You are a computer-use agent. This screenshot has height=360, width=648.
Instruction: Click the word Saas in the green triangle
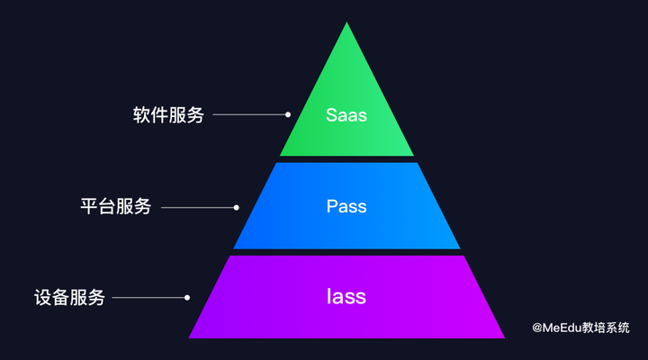346,116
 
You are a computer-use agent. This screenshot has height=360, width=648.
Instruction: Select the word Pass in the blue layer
346,207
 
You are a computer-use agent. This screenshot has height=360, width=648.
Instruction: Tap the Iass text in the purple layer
346,296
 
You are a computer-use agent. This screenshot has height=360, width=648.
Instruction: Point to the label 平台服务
115,207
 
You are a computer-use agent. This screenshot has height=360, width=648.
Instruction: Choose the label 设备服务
69,297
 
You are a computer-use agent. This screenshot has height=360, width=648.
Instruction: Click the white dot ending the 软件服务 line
288,115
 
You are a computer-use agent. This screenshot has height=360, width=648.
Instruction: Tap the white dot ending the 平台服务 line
236,207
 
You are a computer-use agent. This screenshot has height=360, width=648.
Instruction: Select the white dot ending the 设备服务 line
187,297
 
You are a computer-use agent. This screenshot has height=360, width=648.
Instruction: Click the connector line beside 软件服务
249,115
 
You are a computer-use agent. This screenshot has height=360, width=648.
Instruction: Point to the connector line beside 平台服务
197,207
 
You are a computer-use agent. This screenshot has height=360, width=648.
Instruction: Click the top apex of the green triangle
346,23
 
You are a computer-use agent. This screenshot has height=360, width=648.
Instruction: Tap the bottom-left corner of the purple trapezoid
190,337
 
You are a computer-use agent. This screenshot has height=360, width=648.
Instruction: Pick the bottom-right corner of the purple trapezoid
503,337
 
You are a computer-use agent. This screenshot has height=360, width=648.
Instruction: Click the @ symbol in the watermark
536,328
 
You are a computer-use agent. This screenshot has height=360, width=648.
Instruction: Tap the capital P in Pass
331,207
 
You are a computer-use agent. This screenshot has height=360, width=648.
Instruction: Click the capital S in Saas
331,116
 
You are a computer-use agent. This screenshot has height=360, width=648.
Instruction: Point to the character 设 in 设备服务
42,297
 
